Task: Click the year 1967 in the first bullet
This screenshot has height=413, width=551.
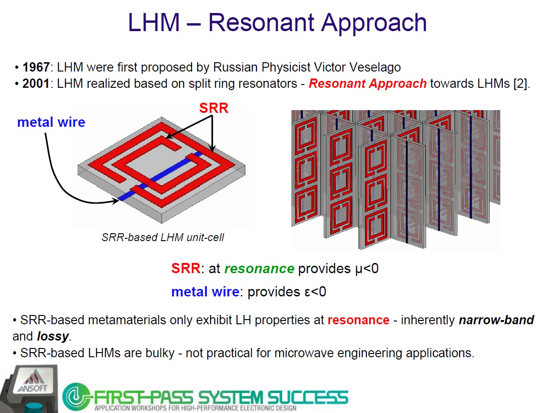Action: tap(36, 67)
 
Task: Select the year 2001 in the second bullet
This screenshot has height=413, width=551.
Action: tap(36, 84)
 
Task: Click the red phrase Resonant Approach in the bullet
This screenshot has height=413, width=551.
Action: tap(368, 84)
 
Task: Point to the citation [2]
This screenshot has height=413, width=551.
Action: tap(520, 84)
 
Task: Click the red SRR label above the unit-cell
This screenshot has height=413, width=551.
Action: tap(214, 108)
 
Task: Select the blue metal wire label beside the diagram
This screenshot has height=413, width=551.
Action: tap(51, 122)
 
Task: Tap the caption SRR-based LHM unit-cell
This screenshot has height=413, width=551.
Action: tap(163, 237)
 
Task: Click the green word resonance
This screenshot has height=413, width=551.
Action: tap(259, 269)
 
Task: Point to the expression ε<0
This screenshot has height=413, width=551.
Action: tap(315, 292)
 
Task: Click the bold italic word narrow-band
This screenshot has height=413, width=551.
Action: tap(496, 320)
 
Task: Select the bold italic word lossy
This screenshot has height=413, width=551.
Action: tap(53, 337)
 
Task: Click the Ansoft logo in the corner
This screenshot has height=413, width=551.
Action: tap(33, 383)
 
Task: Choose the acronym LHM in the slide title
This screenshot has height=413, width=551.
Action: tap(154, 23)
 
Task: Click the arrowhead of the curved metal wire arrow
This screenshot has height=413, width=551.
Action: tap(115, 201)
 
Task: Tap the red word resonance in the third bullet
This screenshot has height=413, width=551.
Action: tap(359, 320)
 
